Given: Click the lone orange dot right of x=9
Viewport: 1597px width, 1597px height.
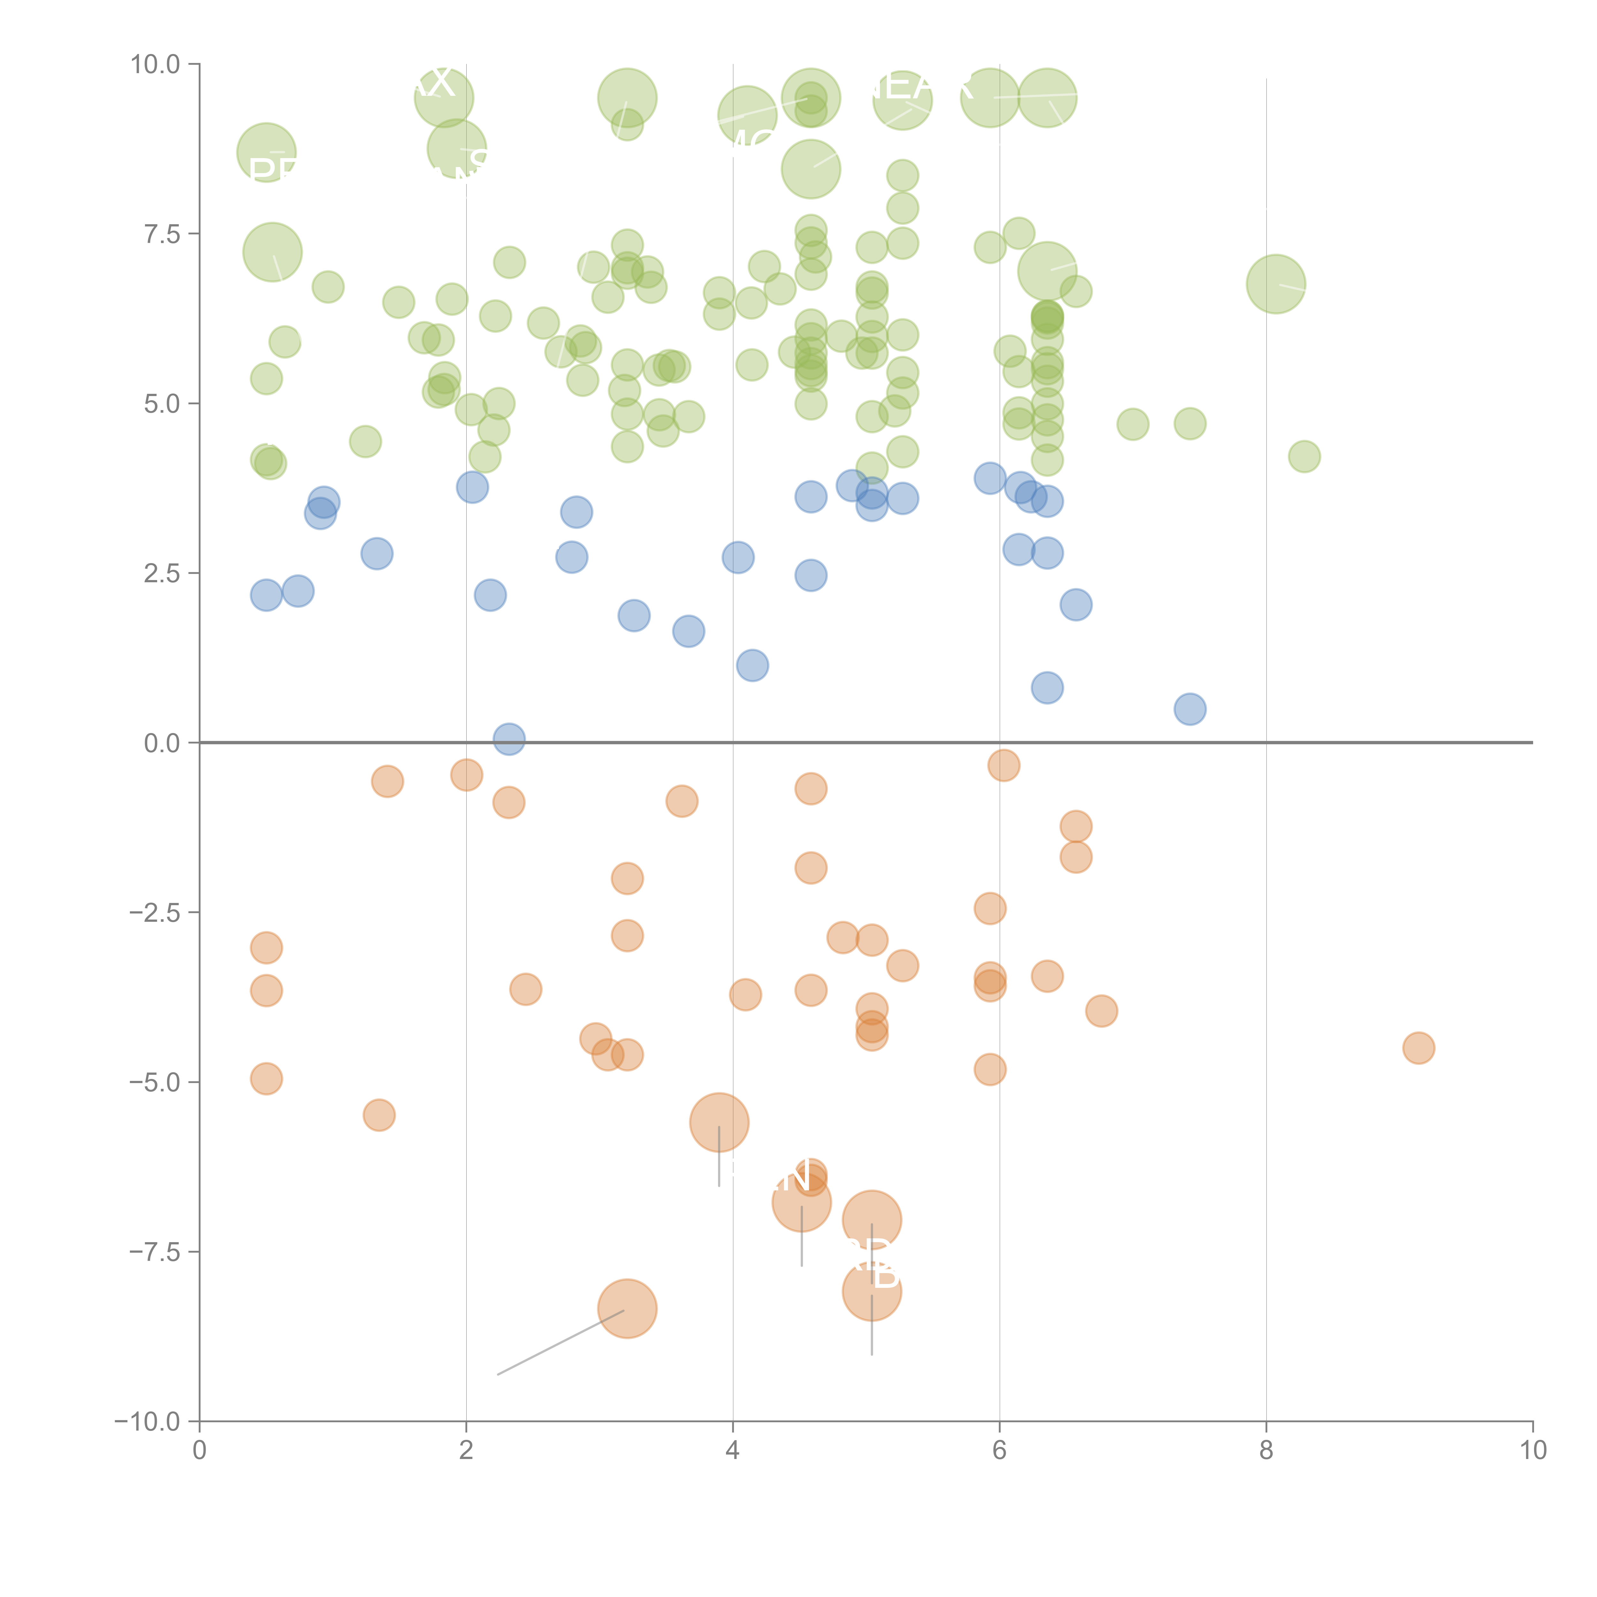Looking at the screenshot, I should [1418, 1048].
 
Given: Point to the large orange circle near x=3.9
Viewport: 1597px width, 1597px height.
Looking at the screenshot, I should [719, 1122].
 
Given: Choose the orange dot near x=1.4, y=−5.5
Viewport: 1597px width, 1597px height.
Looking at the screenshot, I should [378, 1115].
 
